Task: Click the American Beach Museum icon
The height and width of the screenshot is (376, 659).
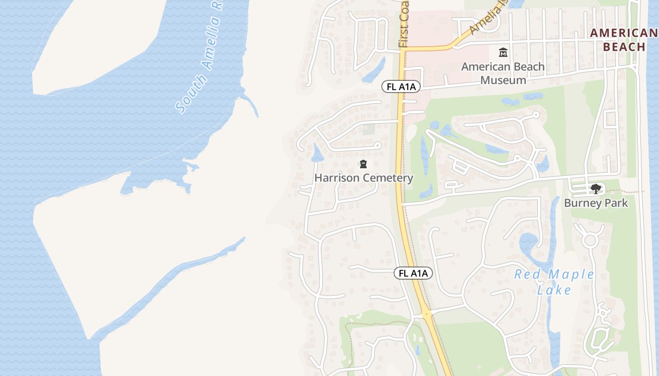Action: click(x=503, y=52)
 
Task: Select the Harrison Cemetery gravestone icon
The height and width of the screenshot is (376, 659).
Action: click(x=363, y=164)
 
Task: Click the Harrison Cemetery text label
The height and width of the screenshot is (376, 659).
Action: click(x=363, y=178)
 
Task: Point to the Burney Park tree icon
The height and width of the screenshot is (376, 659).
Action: click(x=596, y=189)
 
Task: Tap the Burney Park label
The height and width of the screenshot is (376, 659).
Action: click(x=596, y=203)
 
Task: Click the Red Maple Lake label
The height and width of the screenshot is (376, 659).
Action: click(x=554, y=282)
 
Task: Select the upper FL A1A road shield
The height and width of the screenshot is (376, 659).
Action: click(x=401, y=86)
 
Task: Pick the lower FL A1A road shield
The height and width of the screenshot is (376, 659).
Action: click(x=413, y=273)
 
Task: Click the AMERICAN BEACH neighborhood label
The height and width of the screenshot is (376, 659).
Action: click(x=624, y=40)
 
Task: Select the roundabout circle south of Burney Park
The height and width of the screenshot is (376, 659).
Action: click(x=590, y=241)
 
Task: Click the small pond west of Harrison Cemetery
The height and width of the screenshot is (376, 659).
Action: click(x=317, y=153)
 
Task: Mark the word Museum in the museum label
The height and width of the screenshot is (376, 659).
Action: click(x=503, y=80)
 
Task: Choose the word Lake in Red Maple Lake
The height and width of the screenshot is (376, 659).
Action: click(x=554, y=290)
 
